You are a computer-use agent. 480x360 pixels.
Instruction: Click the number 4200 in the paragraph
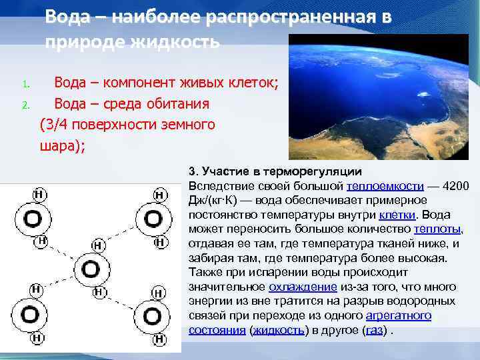tap(455, 185)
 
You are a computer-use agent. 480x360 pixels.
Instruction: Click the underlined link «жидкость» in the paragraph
tap(278, 330)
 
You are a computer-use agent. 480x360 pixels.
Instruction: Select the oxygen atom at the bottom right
tap(153, 315)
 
